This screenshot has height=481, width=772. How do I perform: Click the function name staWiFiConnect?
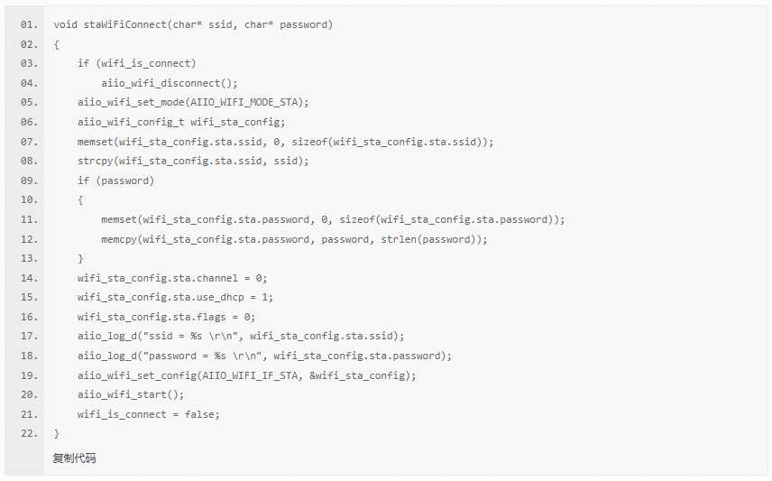[122, 24]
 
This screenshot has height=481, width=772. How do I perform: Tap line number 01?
[29, 24]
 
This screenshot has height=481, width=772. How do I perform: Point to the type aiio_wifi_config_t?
[131, 122]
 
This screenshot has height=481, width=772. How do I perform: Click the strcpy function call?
[96, 161]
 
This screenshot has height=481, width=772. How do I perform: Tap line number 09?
[29, 180]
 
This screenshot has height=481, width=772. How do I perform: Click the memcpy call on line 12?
[119, 239]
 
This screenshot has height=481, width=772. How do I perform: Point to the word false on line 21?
[202, 414]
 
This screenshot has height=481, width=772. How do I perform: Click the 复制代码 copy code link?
[74, 458]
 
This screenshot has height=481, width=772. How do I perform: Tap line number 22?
[29, 434]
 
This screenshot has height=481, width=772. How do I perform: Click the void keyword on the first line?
[65, 24]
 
